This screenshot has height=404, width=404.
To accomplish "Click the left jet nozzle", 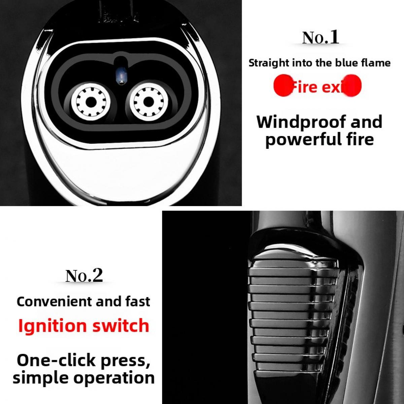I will pos(90,101).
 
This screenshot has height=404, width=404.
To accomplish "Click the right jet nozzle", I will pos(146,101).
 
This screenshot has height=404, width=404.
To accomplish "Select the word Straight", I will pos(264,63).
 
